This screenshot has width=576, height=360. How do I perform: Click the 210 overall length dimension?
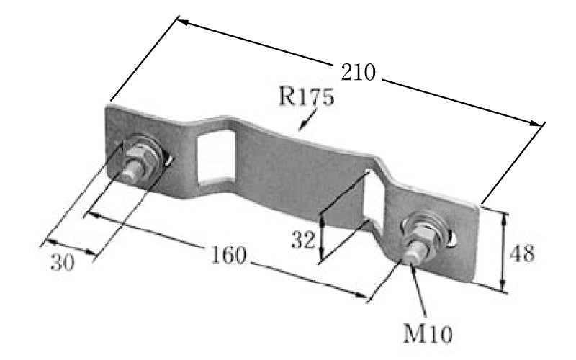click(x=358, y=73)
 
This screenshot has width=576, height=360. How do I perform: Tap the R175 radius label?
click(x=307, y=96)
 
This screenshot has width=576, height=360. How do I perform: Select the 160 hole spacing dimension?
click(x=228, y=255)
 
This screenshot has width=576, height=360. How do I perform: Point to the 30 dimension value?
click(x=63, y=262)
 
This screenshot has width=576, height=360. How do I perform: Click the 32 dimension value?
click(x=303, y=240)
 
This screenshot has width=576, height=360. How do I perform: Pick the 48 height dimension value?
click(x=522, y=253)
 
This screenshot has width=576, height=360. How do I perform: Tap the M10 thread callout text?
click(x=428, y=333)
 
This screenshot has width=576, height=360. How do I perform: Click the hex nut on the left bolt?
click(x=142, y=157)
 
